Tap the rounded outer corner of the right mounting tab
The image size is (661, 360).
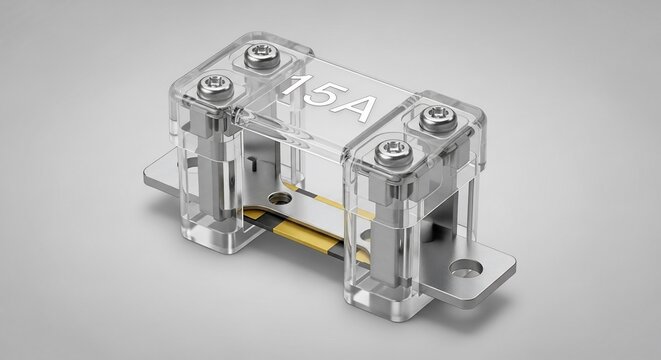point(510,264)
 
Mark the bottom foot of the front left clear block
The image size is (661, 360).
point(215,238)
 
